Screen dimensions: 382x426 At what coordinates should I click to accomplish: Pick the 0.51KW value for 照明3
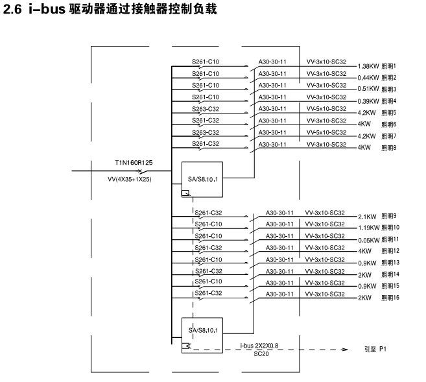coord(368,90)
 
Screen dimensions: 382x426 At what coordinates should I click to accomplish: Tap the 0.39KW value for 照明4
coord(368,102)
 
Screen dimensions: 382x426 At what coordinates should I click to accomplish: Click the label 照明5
coord(389,113)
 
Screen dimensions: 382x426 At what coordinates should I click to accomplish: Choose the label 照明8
coord(389,148)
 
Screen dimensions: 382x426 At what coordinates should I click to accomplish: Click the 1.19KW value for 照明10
coord(368,228)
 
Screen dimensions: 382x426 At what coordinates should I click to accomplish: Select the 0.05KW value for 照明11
coord(368,240)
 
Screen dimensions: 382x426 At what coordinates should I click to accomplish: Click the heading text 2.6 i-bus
coord(36,12)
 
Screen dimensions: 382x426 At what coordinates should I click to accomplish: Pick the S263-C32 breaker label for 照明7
coord(206,132)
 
